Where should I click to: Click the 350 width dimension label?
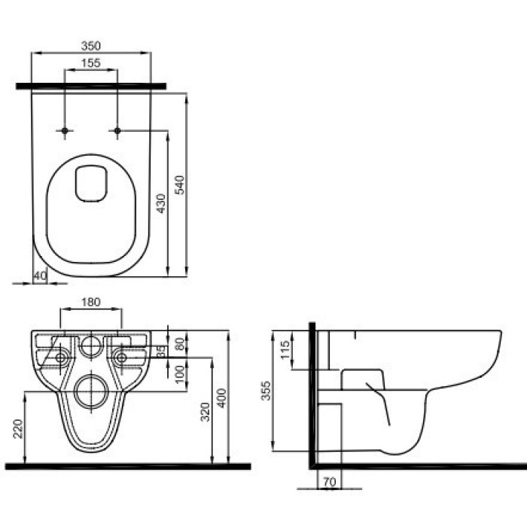(x=91, y=46)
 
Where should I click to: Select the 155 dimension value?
(x=91, y=62)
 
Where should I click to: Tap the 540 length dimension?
(x=180, y=185)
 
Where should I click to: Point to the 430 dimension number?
(x=161, y=203)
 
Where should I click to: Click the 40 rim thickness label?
(x=41, y=276)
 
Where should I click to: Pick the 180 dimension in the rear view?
(x=91, y=302)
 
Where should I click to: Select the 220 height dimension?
(x=18, y=428)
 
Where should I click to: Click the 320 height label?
(x=205, y=411)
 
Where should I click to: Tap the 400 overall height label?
(x=221, y=398)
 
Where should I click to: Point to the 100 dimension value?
(x=180, y=373)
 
